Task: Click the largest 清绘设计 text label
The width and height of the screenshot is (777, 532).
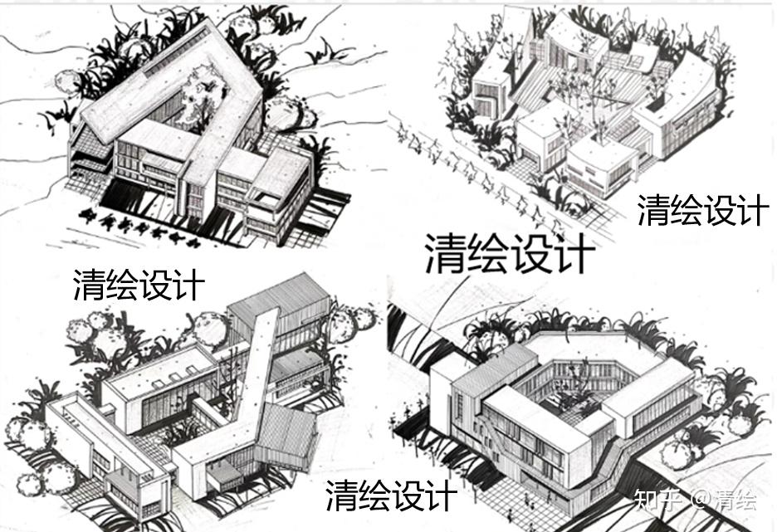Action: pos(510,252)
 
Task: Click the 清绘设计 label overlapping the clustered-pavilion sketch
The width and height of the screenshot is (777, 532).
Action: pos(701,208)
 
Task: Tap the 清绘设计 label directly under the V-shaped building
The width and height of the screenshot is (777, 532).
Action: pos(138,285)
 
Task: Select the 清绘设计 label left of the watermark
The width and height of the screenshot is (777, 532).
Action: pos(390,495)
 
